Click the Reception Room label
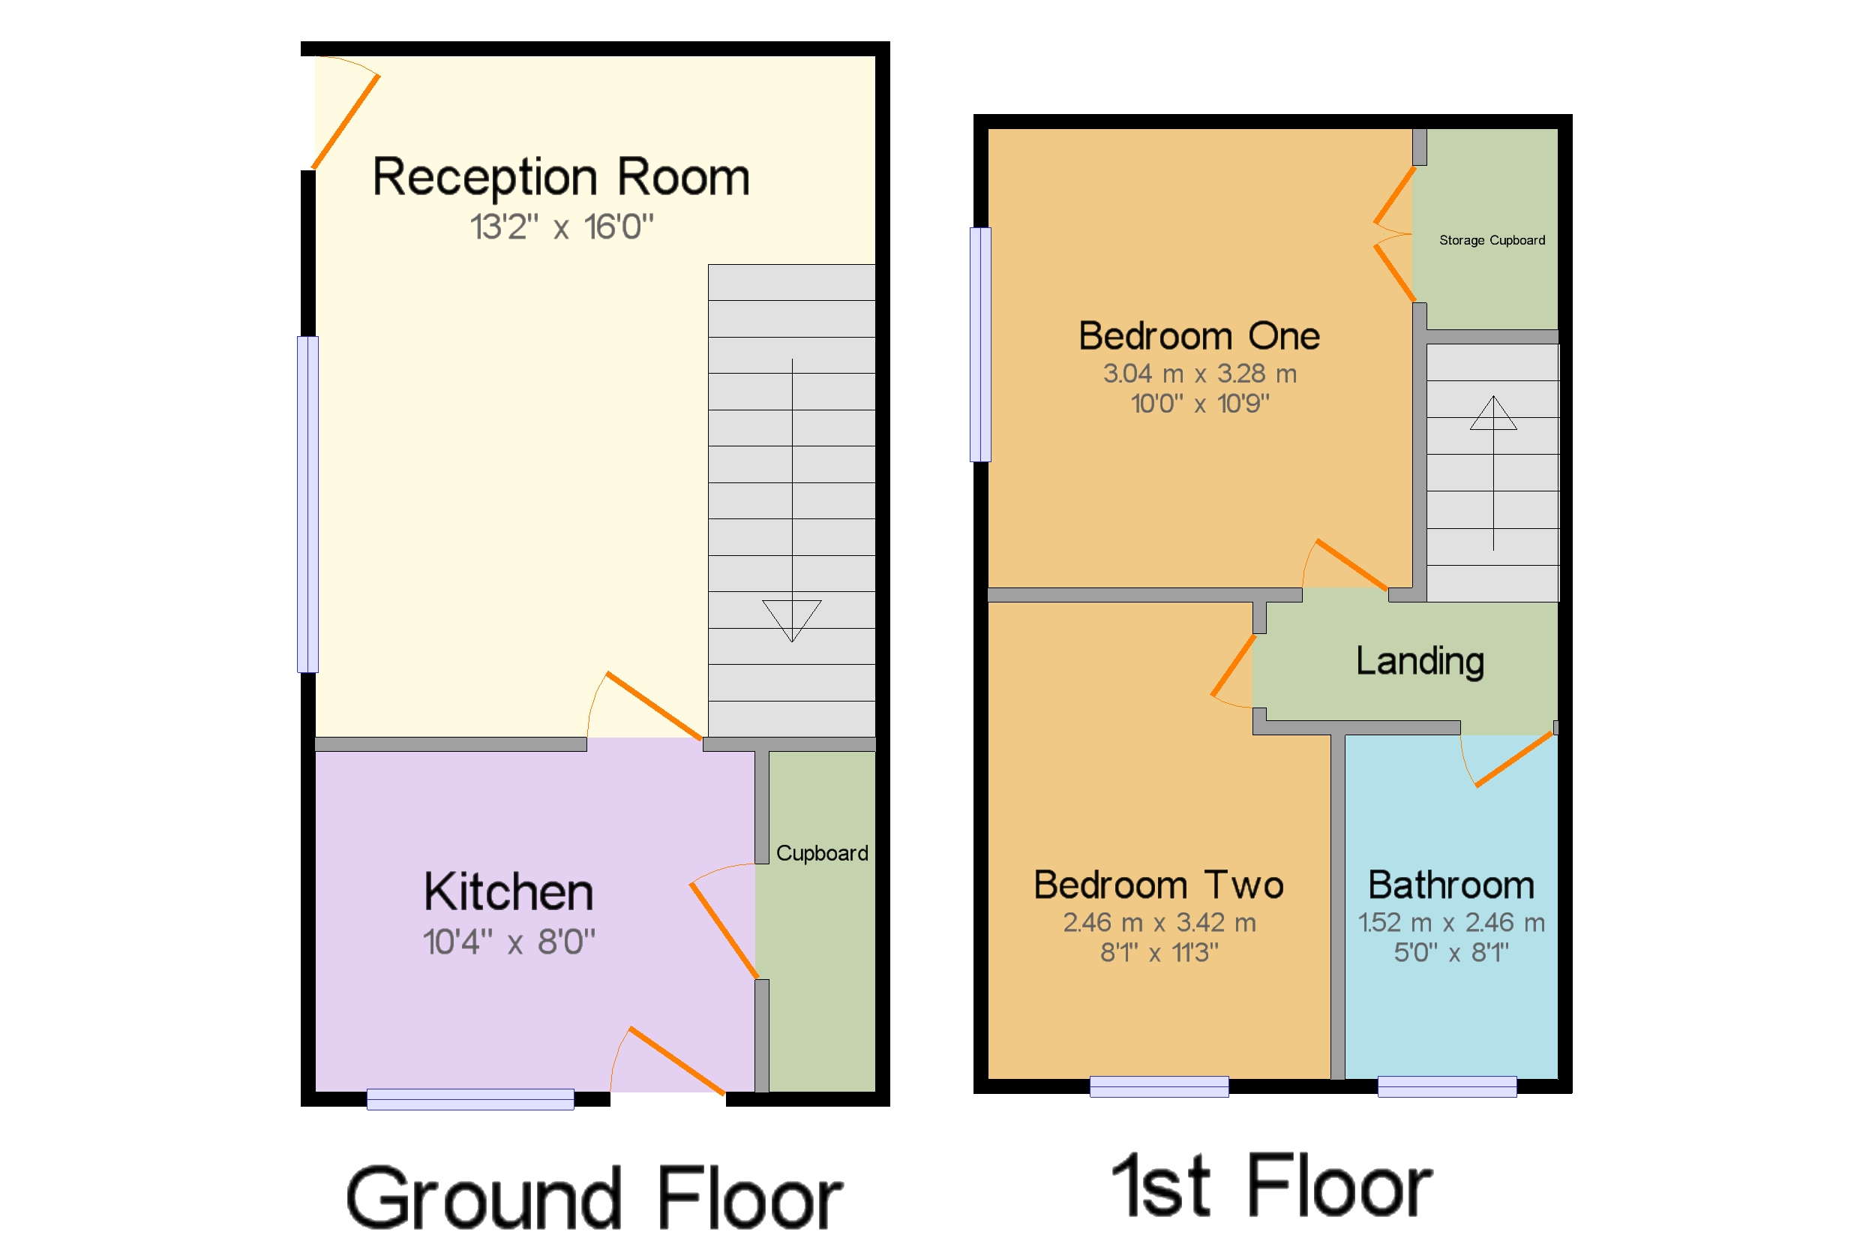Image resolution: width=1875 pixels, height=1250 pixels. (561, 178)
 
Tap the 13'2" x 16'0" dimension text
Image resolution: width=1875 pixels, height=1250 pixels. (561, 227)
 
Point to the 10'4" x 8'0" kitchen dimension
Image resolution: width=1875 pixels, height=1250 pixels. (508, 942)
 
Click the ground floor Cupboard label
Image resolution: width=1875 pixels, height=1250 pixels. (821, 854)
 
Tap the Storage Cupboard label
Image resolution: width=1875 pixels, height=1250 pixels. (1492, 240)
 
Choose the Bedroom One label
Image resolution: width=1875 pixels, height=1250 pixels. (1199, 335)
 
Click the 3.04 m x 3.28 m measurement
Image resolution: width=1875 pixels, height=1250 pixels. (1199, 373)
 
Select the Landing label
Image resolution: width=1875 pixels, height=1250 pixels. (1420, 662)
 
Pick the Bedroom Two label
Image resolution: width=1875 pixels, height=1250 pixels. (1159, 885)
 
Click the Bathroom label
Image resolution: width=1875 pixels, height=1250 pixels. (1451, 885)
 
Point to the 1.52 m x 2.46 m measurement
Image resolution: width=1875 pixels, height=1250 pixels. (1451, 922)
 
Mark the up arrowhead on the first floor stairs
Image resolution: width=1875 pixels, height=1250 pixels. (1492, 413)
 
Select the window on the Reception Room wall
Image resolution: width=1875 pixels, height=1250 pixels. (307, 505)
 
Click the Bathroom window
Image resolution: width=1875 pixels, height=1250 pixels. (1446, 1086)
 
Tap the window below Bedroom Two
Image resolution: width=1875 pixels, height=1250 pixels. (1159, 1086)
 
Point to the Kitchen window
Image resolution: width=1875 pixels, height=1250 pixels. (470, 1099)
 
